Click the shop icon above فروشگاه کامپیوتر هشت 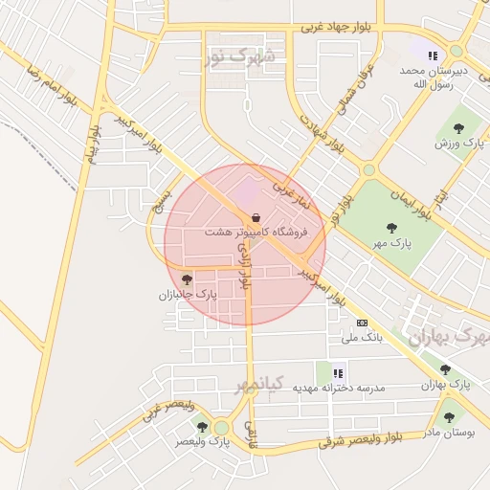[253, 216]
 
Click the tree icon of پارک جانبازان [187, 279]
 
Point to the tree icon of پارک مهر [390, 228]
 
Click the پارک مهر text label [393, 243]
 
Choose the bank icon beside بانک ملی [362, 323]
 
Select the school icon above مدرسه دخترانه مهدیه [337, 372]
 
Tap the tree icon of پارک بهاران [445, 369]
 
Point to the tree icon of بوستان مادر [449, 417]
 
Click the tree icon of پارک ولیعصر [201, 426]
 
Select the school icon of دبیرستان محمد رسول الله [432, 56]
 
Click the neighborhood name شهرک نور [239, 57]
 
